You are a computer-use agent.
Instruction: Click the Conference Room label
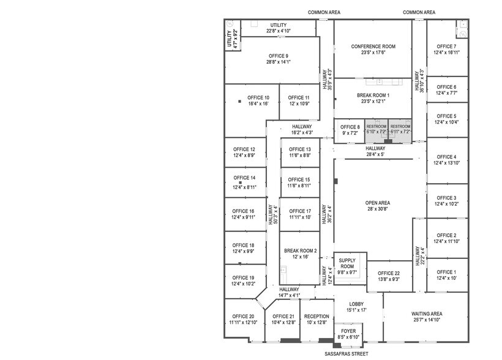(373, 47)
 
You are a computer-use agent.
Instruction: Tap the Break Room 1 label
(373, 96)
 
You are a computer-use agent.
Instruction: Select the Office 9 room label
(278, 56)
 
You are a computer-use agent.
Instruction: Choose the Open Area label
(378, 203)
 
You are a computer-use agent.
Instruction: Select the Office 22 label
(388, 273)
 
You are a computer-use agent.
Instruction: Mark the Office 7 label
(446, 47)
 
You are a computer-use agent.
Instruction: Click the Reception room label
(317, 316)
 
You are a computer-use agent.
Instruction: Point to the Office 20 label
(242, 316)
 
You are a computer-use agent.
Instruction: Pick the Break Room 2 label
(300, 250)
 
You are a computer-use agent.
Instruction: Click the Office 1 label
(446, 272)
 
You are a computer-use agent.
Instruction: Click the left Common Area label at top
(324, 12)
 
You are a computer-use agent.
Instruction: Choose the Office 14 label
(244, 178)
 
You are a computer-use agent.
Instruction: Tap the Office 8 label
(350, 127)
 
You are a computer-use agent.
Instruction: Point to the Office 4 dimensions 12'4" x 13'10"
(446, 163)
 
